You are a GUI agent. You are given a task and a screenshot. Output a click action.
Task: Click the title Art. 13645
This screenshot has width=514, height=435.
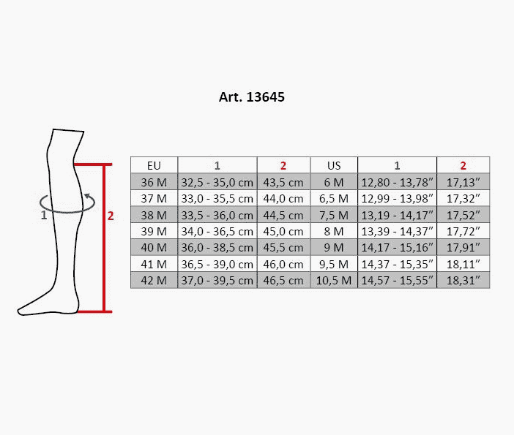click(251, 97)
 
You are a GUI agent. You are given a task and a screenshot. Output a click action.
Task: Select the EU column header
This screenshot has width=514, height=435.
click(154, 166)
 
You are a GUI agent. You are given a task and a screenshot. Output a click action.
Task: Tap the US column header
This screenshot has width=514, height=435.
click(334, 166)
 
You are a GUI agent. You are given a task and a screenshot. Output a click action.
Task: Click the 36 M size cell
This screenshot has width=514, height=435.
click(154, 182)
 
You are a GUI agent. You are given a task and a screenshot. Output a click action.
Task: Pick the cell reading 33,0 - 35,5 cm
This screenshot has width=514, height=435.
click(217, 198)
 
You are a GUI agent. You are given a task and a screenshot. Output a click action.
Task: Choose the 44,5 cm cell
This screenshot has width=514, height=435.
click(283, 215)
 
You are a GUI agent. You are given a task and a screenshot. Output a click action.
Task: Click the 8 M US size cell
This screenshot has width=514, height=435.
click(334, 232)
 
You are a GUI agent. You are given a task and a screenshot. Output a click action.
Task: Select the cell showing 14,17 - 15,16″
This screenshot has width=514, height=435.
click(398, 247)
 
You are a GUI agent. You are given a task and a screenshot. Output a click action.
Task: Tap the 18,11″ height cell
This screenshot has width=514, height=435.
click(463, 264)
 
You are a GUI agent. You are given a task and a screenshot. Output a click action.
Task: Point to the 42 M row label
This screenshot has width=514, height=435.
click(154, 281)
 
